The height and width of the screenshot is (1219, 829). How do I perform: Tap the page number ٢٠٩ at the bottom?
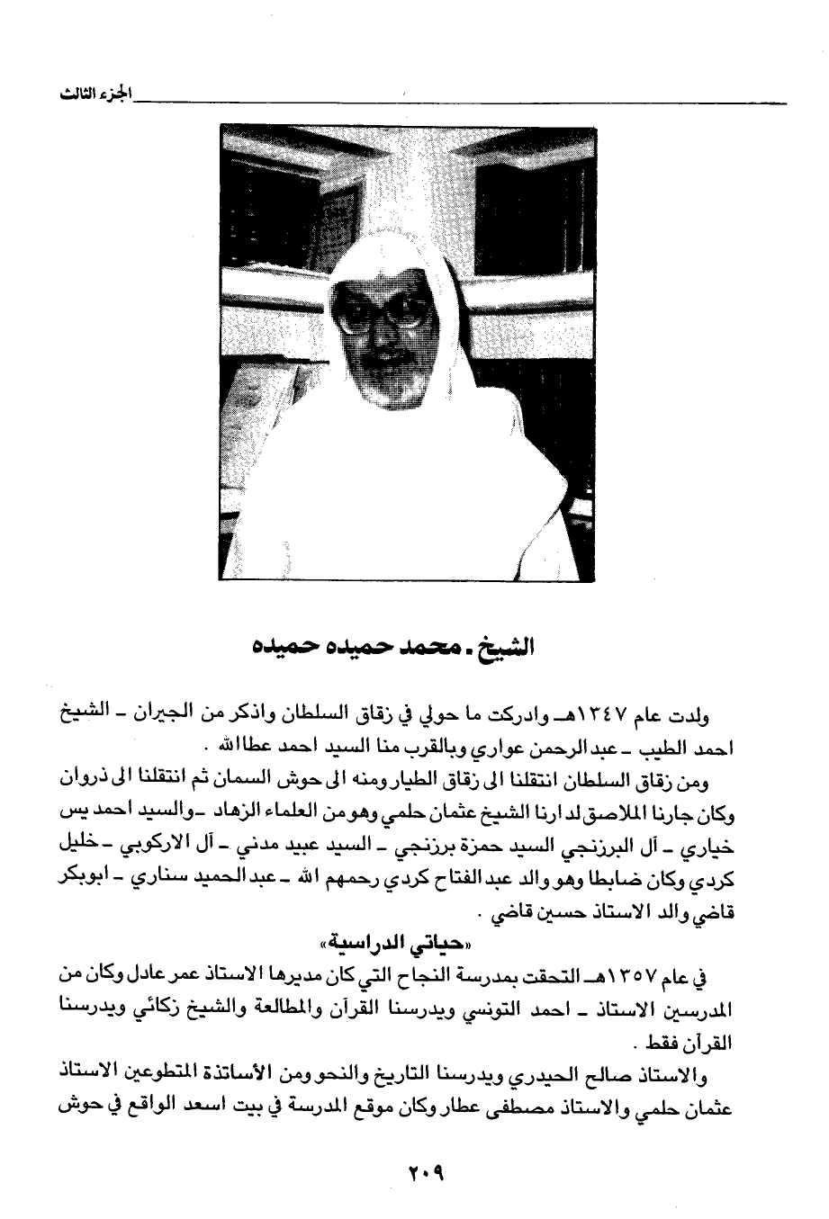pyautogui.click(x=414, y=1174)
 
